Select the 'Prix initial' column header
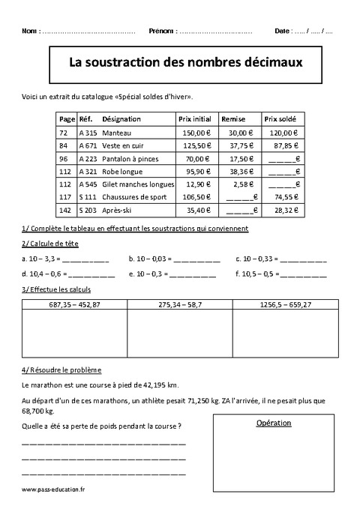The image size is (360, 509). [195, 119]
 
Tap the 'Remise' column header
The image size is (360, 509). [231, 119]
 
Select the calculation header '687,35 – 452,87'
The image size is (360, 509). [74, 304]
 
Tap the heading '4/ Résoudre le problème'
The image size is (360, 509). [62, 370]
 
